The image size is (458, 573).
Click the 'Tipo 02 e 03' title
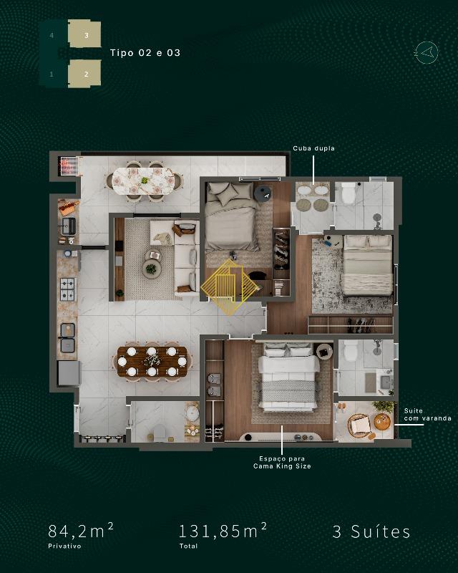click(145, 52)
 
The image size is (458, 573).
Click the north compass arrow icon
click(427, 53)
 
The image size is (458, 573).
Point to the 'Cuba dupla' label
click(313, 148)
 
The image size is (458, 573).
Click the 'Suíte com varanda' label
click(427, 415)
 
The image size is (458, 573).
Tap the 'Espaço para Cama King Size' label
click(282, 462)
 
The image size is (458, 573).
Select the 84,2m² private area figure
click(80, 531)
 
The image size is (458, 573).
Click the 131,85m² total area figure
click(223, 531)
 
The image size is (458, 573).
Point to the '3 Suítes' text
click(371, 531)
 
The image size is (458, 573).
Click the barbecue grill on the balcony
click(68, 166)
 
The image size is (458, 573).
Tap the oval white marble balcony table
click(143, 181)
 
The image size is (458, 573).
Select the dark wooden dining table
click(152, 362)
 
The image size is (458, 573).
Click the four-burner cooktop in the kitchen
click(67, 289)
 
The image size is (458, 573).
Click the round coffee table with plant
click(151, 269)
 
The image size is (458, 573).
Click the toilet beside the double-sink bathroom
click(348, 193)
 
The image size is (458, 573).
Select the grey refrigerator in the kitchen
click(69, 372)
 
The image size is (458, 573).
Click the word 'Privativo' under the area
click(64, 546)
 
